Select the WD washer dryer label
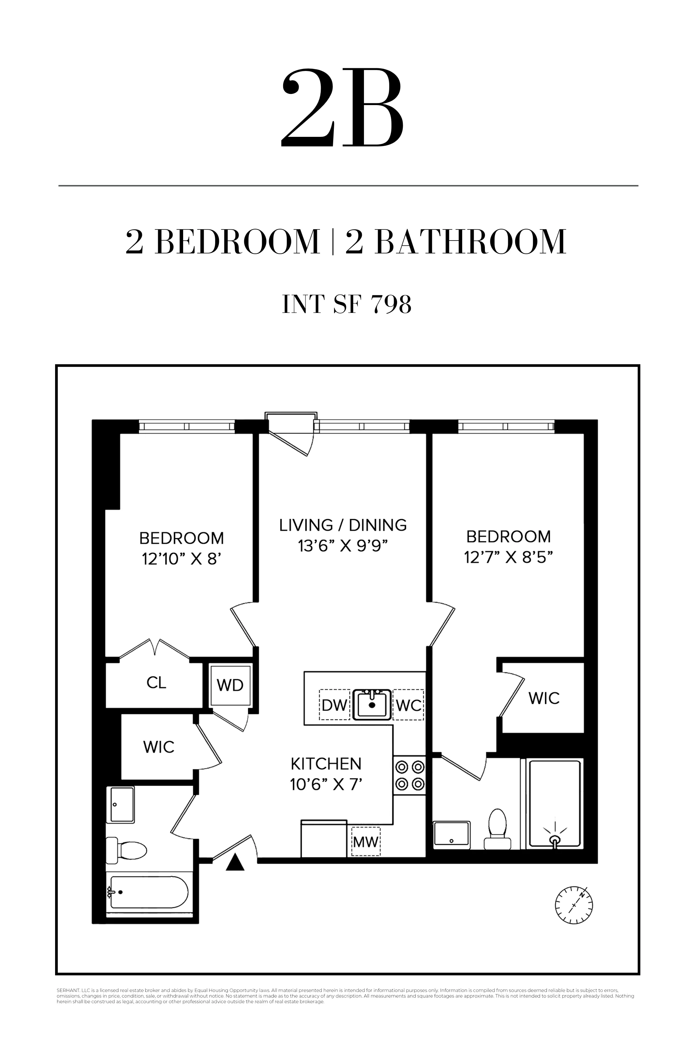point(230,685)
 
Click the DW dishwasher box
point(334,705)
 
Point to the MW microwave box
point(365,842)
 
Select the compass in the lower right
point(574,905)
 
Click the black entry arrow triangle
point(235,862)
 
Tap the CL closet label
point(156,683)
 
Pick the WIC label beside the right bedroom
point(544,698)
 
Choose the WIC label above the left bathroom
point(158,747)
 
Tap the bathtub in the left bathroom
point(149,892)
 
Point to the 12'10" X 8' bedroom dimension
point(181,559)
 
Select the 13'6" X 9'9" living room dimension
point(343,546)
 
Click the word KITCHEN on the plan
point(326,764)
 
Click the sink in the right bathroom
point(451,835)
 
